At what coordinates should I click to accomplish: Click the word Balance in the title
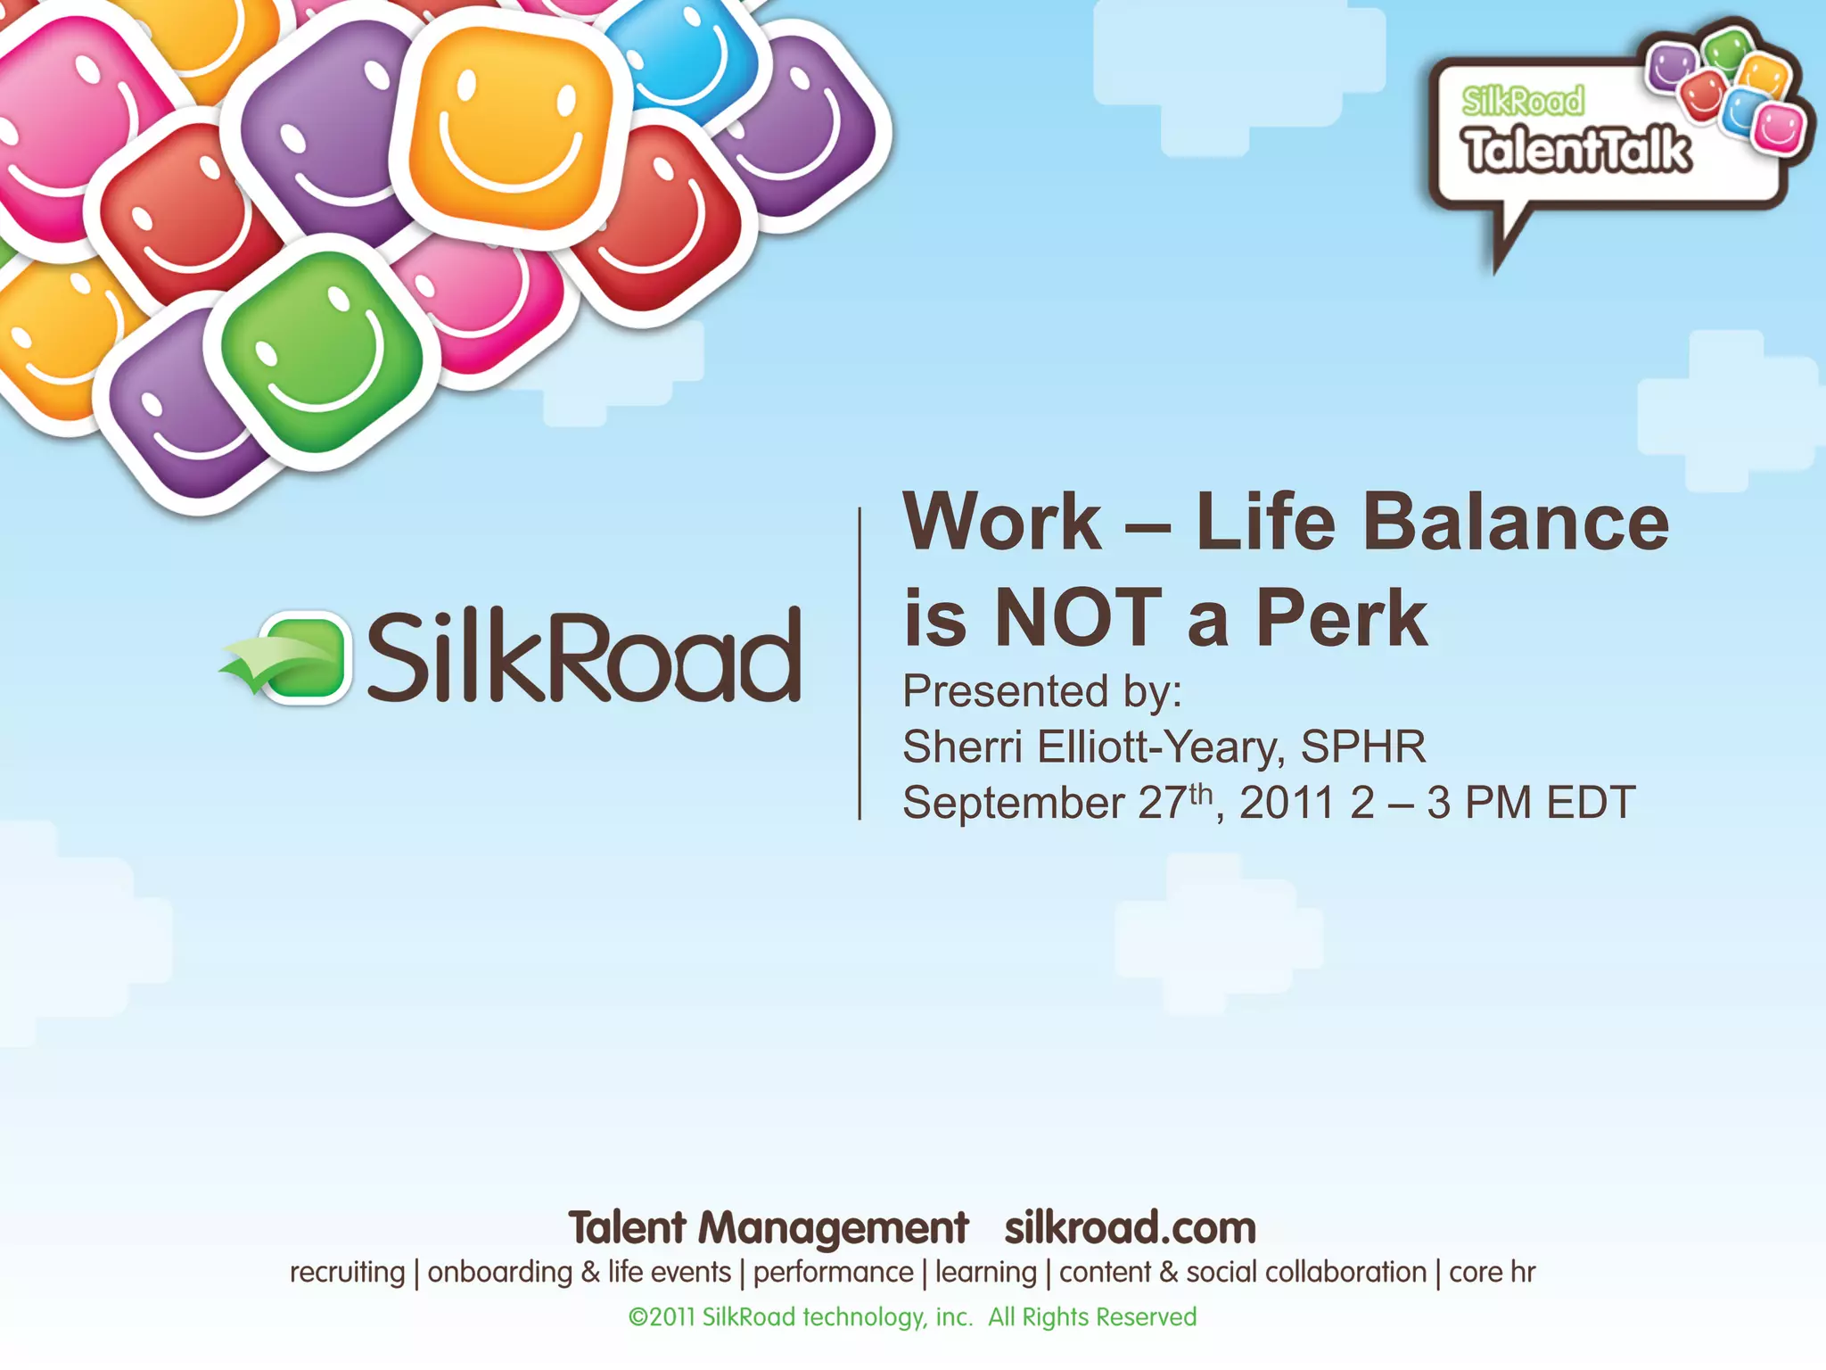click(x=1515, y=524)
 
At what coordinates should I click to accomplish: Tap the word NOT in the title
click(x=1077, y=617)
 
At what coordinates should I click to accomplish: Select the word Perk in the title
click(x=1342, y=617)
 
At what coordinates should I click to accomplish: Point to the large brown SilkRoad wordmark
click(x=584, y=656)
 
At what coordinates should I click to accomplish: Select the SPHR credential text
click(x=1362, y=747)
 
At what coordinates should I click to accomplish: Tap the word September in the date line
click(x=1013, y=803)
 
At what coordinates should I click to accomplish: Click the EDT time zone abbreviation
click(x=1591, y=803)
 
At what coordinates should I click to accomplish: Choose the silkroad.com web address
click(x=1130, y=1228)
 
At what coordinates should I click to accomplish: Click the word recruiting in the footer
click(x=347, y=1273)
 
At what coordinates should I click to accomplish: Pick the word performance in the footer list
click(x=833, y=1273)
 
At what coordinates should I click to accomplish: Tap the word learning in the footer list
click(x=985, y=1273)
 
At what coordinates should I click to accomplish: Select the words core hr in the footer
click(x=1492, y=1273)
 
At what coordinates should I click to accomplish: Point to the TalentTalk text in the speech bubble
click(x=1576, y=150)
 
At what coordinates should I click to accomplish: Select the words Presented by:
click(x=1041, y=691)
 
